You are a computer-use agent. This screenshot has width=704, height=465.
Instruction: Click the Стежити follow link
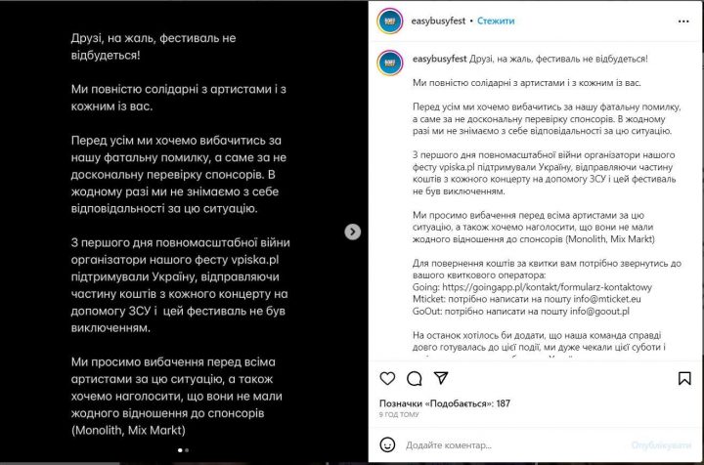[496, 20]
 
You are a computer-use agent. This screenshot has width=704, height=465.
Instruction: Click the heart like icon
[387, 378]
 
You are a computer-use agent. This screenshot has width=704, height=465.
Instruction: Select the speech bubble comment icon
[414, 378]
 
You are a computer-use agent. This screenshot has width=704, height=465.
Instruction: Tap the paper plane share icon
[440, 378]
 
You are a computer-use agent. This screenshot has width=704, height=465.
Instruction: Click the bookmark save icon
[684, 378]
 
